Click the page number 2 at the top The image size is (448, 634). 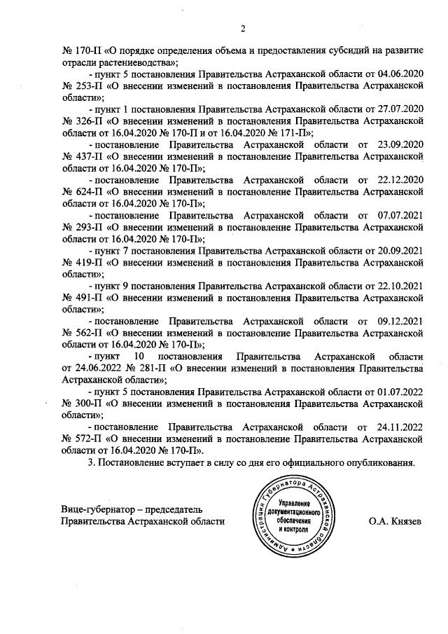coord(243,29)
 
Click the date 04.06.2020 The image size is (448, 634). coord(400,72)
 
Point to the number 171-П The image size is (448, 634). coord(293,133)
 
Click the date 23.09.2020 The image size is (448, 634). coord(399,145)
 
